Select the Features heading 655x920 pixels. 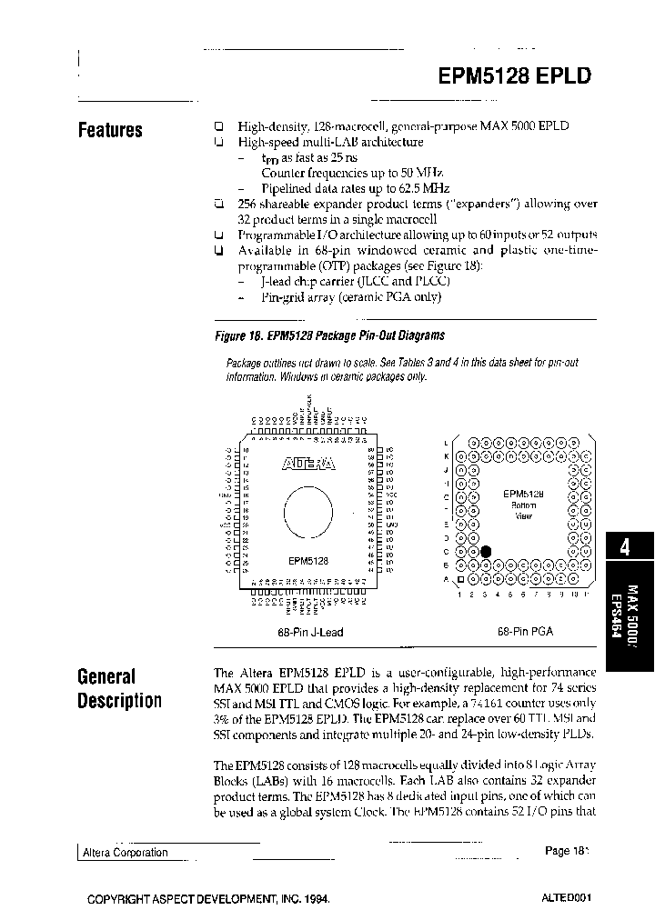(x=110, y=130)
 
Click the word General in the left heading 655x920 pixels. (x=106, y=676)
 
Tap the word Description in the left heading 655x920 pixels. (x=120, y=701)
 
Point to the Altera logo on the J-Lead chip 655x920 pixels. (x=308, y=464)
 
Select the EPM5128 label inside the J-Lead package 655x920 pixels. (x=308, y=561)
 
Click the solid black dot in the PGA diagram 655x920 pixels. (x=486, y=551)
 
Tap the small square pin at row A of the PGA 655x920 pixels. (x=460, y=578)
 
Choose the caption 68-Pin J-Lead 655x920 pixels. (x=309, y=632)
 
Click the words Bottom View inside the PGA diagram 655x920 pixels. (x=523, y=510)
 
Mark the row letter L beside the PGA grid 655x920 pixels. (x=446, y=442)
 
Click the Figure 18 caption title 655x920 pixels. (x=329, y=335)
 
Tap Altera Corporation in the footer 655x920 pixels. (x=126, y=853)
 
